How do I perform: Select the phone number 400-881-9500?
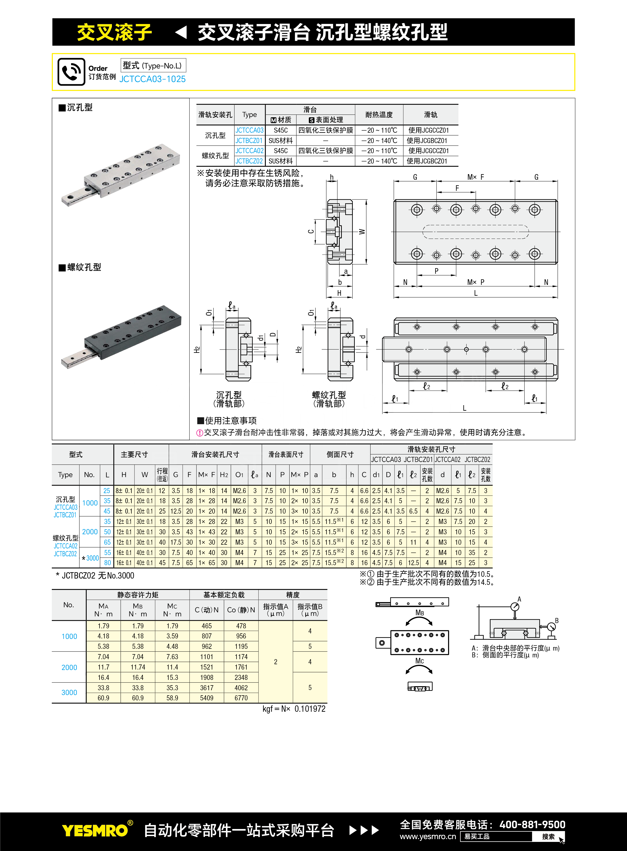tap(532, 824)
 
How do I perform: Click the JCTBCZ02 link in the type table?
tap(249, 161)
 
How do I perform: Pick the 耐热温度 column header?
tap(379, 115)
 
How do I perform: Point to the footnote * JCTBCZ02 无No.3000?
tap(95, 576)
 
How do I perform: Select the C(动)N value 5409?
tap(206, 698)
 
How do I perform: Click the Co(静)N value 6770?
tap(241, 698)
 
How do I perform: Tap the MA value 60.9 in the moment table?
tap(103, 698)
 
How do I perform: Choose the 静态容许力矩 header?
tap(138, 595)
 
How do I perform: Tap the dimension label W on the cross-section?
tap(362, 232)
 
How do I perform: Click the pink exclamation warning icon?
tap(200, 433)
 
